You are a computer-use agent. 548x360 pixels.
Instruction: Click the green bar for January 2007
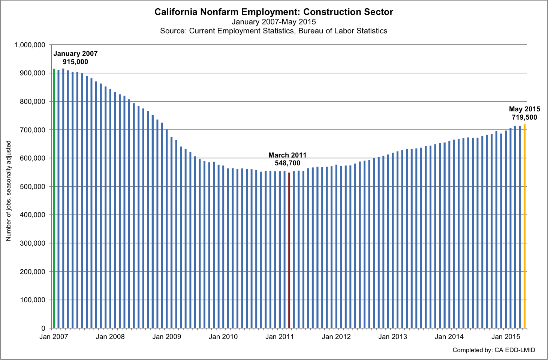(54, 199)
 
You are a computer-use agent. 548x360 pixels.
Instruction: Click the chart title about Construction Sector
(274, 12)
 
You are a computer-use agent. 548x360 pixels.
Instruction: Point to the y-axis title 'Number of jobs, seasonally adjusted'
(9, 191)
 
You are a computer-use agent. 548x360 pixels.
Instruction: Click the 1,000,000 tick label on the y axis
(30, 45)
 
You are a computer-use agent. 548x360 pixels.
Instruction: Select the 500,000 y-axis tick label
(32, 187)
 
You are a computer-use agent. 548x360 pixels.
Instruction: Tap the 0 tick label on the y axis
(43, 328)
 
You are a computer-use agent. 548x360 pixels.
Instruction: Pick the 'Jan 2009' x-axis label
(166, 337)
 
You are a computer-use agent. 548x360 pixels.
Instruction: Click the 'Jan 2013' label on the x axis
(392, 337)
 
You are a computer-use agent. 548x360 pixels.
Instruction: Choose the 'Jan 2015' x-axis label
(506, 337)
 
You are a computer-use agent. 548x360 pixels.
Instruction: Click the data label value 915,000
(75, 62)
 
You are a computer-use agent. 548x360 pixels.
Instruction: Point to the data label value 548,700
(287, 163)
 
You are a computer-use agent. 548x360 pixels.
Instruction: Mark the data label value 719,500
(524, 117)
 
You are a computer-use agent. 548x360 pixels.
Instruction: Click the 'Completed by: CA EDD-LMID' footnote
(494, 350)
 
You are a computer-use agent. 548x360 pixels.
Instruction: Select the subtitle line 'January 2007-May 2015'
(274, 22)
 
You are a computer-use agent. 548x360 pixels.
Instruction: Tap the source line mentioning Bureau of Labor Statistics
(274, 31)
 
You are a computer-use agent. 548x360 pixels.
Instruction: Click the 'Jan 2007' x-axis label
(54, 337)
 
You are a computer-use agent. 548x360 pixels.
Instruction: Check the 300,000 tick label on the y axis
(32, 243)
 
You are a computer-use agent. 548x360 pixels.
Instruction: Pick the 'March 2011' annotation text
(287, 155)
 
